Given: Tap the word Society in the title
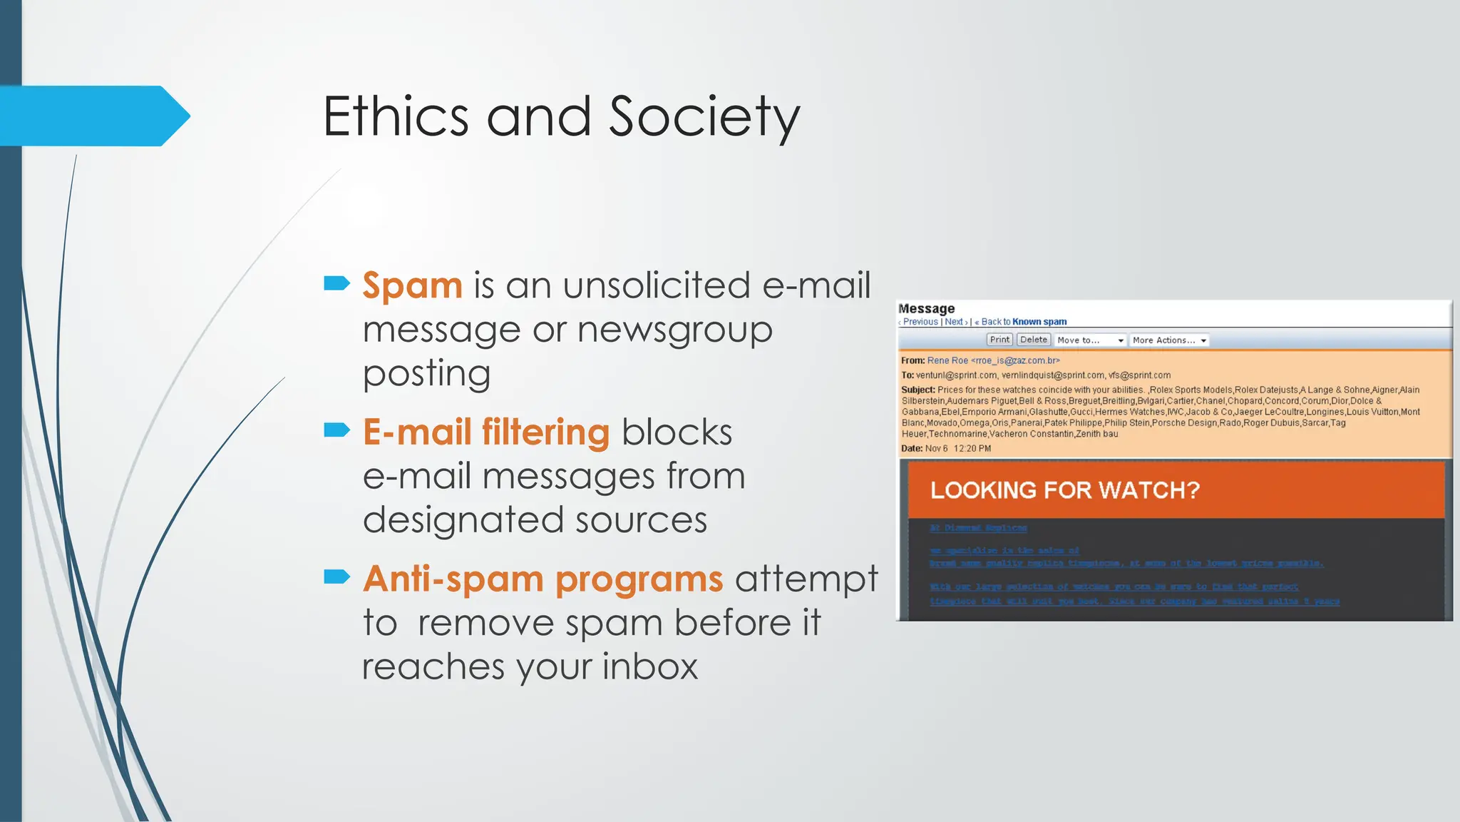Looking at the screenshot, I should pyautogui.click(x=704, y=118).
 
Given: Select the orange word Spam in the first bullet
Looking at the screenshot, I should pyautogui.click(x=413, y=285).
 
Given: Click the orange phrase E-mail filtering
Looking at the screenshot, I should pyautogui.click(x=486, y=432).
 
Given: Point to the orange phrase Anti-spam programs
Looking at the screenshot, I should pyautogui.click(x=543, y=579).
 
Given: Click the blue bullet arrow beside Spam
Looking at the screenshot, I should pyautogui.click(x=336, y=283).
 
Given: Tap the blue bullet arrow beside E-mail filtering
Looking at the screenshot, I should pyautogui.click(x=336, y=430).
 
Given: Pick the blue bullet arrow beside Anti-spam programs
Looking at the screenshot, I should pyautogui.click(x=336, y=576).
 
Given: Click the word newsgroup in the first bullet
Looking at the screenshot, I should pyautogui.click(x=674, y=330).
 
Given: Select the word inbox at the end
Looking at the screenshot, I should pyautogui.click(x=650, y=666).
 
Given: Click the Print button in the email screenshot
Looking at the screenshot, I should pyautogui.click(x=999, y=340).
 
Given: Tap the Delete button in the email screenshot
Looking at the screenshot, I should pyautogui.click(x=1034, y=340).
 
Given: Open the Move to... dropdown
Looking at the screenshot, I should pyautogui.click(x=1090, y=340).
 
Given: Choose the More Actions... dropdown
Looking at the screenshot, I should pyautogui.click(x=1169, y=340).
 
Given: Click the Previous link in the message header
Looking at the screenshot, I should pyautogui.click(x=920, y=322).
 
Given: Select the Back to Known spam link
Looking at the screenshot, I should pyautogui.click(x=1024, y=322).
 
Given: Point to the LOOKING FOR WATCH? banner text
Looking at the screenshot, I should pyautogui.click(x=1065, y=490).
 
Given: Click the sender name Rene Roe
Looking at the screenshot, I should pyautogui.click(x=947, y=360).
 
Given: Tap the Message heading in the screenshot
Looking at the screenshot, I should pyautogui.click(x=927, y=308).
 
